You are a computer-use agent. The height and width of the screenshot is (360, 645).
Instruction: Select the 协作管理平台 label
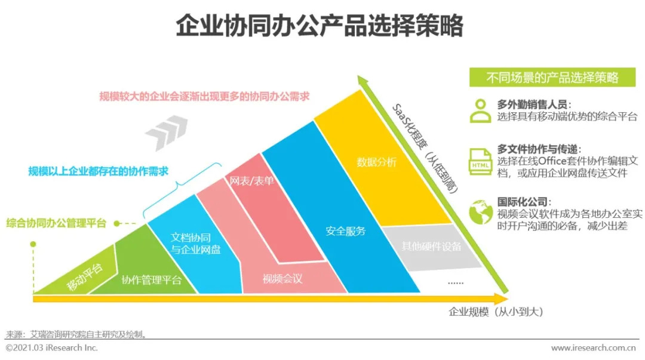click(152, 280)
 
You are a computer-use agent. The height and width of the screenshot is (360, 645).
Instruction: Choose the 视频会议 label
click(282, 278)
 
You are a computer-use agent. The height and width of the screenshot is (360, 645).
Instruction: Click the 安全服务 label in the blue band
click(346, 230)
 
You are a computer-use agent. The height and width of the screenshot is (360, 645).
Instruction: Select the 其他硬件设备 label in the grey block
click(431, 246)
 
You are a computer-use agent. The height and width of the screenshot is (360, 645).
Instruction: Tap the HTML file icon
click(480, 161)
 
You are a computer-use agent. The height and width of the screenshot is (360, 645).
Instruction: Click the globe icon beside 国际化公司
click(480, 211)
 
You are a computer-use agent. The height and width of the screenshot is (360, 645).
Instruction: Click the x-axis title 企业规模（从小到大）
click(496, 312)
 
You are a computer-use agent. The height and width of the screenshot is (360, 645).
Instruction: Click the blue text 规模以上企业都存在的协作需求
click(99, 171)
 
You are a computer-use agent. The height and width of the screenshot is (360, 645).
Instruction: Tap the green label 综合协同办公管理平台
click(56, 223)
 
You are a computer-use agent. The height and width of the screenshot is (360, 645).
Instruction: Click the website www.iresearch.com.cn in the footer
click(593, 347)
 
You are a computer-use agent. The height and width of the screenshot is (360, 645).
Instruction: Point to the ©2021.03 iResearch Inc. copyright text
click(52, 347)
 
